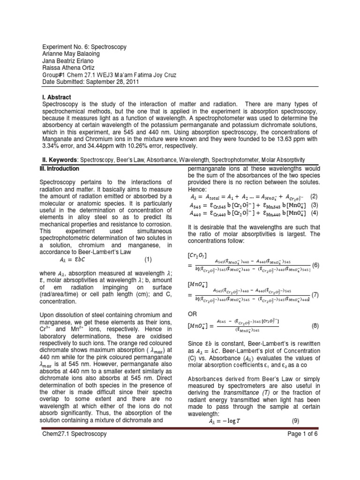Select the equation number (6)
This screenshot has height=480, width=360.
[x=315, y=265]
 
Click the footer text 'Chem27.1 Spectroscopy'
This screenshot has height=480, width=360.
[x=74, y=434]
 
